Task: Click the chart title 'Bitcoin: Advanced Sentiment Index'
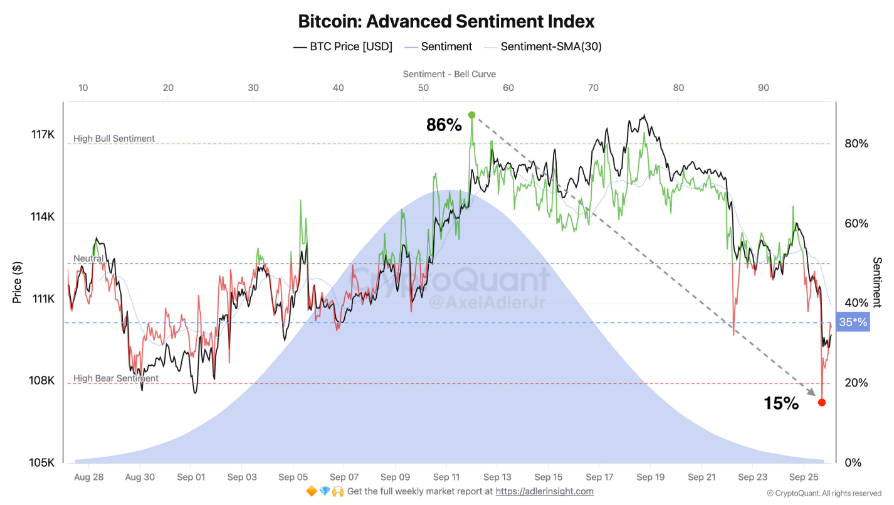click(x=446, y=21)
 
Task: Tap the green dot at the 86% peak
click(x=471, y=115)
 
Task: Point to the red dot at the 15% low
click(x=822, y=402)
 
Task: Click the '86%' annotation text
click(x=444, y=125)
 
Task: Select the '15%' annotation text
click(x=781, y=403)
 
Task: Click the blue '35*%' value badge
click(x=853, y=322)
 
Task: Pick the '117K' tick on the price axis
click(x=43, y=135)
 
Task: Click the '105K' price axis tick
click(x=43, y=462)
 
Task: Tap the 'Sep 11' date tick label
click(x=446, y=477)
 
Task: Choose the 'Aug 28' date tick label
click(x=88, y=477)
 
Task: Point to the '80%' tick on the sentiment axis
click(x=856, y=144)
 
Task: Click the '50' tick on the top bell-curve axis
click(x=423, y=88)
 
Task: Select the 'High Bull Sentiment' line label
click(x=114, y=139)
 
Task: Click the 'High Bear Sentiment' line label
click(x=116, y=378)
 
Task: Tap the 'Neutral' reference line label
click(x=88, y=258)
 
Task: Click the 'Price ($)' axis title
click(x=18, y=282)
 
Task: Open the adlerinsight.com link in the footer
click(x=544, y=492)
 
